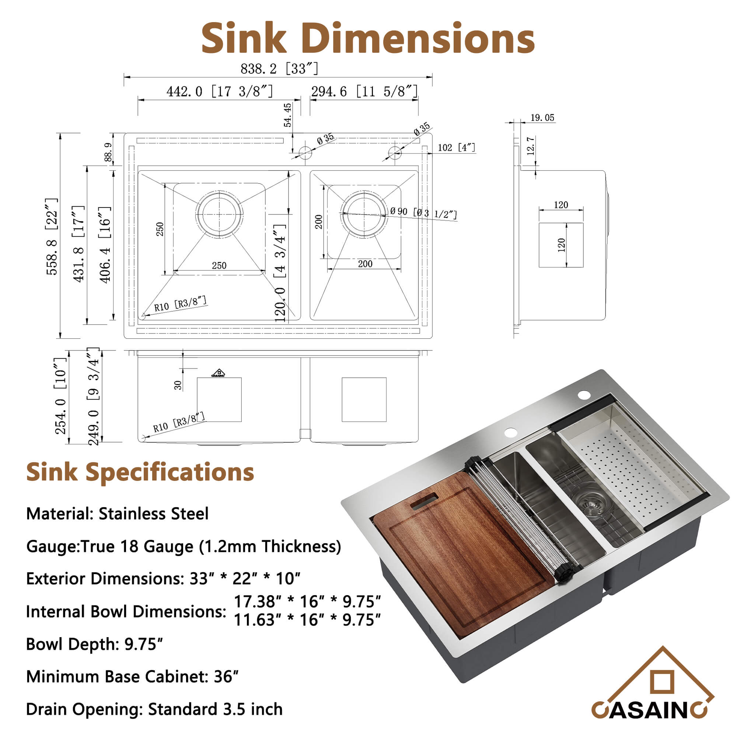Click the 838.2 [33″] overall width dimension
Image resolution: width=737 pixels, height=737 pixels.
(x=279, y=69)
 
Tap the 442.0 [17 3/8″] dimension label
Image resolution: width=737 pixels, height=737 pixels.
(x=220, y=91)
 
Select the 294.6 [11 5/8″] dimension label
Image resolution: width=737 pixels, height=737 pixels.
(x=364, y=91)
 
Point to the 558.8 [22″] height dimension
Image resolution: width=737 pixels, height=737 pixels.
(x=52, y=236)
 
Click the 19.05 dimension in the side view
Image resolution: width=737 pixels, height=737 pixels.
(x=542, y=118)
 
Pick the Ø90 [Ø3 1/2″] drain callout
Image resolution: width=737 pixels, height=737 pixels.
(x=423, y=213)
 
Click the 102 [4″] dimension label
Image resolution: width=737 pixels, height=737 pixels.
(x=456, y=147)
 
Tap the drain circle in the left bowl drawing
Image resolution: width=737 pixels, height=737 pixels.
(x=219, y=214)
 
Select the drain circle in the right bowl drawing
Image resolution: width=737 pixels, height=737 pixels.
(x=364, y=214)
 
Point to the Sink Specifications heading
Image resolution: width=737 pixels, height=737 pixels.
(x=140, y=472)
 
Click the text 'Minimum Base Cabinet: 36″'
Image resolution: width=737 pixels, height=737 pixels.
(x=132, y=677)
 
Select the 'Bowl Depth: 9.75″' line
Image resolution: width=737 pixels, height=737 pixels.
(x=94, y=644)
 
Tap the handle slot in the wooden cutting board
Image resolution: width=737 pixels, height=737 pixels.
(x=424, y=501)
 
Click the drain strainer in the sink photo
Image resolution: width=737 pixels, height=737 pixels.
(x=590, y=506)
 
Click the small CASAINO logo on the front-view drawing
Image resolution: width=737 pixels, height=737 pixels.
(x=218, y=373)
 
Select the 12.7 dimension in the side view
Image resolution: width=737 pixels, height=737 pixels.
(x=531, y=145)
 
